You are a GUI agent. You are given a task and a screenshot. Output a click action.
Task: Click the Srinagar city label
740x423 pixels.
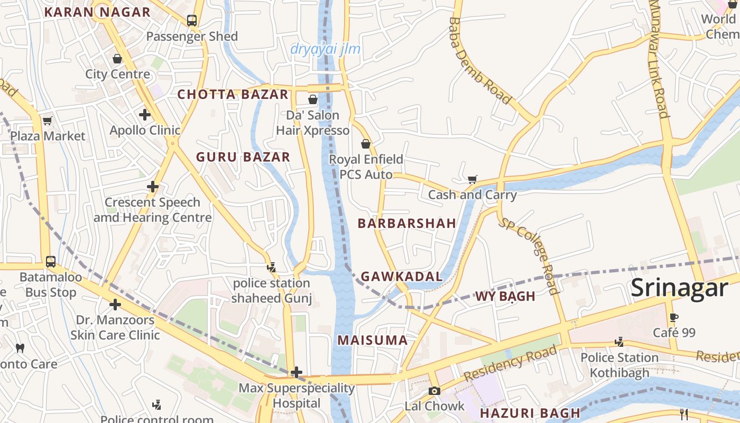pyautogui.click(x=679, y=288)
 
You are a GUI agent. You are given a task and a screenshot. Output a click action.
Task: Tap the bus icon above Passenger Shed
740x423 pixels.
pyautogui.click(x=192, y=21)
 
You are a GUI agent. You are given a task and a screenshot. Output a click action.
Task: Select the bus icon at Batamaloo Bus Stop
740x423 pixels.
pyautogui.click(x=51, y=261)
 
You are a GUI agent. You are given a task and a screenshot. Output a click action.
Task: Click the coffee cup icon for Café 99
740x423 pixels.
pyautogui.click(x=673, y=317)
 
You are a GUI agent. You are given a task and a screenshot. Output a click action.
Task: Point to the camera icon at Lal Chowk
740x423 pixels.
pyautogui.click(x=434, y=391)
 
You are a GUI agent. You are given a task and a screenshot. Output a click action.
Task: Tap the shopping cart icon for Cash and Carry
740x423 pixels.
pyautogui.click(x=473, y=180)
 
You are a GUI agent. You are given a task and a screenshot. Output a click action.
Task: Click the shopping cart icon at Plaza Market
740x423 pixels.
pyautogui.click(x=48, y=121)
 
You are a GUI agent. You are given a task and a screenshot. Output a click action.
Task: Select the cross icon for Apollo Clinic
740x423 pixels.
pyautogui.click(x=145, y=115)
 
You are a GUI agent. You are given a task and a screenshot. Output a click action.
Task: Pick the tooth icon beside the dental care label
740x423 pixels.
pyautogui.click(x=20, y=348)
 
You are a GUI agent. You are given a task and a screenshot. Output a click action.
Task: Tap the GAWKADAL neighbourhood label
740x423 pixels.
pyautogui.click(x=401, y=276)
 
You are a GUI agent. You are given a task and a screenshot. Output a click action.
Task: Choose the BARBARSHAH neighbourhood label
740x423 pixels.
pyautogui.click(x=406, y=223)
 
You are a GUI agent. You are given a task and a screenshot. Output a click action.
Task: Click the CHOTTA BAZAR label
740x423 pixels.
pyautogui.click(x=233, y=95)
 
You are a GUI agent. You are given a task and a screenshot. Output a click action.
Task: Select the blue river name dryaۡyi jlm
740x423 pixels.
pyautogui.click(x=325, y=49)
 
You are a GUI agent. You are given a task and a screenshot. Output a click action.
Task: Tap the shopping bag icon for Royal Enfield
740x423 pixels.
pyautogui.click(x=365, y=144)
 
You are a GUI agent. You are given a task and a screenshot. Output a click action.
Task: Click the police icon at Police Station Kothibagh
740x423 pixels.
pyautogui.click(x=619, y=342)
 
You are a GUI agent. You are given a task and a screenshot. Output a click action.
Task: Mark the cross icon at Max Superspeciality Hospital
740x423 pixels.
pyautogui.click(x=297, y=372)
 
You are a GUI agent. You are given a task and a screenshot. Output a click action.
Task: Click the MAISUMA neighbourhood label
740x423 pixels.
pyautogui.click(x=373, y=340)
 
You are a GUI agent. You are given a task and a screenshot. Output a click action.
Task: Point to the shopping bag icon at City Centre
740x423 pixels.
pyautogui.click(x=117, y=58)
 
